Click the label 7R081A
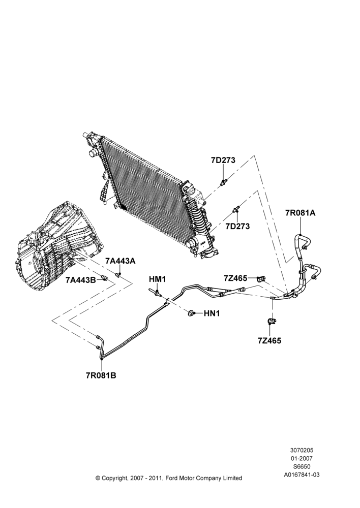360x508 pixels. coord(300,213)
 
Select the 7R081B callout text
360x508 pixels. coord(101,375)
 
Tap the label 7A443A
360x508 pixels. coord(120,261)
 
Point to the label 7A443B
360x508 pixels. coord(81,279)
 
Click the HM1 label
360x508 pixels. coord(157,278)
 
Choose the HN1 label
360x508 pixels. coord(212,313)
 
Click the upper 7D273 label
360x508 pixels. coord(223,160)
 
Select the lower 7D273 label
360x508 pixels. coord(238,226)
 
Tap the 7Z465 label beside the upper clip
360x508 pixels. coord(235,278)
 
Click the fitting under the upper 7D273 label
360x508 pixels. coord(223,182)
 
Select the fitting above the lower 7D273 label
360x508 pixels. coord(236,209)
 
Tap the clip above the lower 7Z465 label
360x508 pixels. coord(271,322)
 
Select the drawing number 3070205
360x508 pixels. coord(302,450)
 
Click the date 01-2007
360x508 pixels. coord(302,458)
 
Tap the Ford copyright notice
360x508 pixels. coord(169,478)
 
